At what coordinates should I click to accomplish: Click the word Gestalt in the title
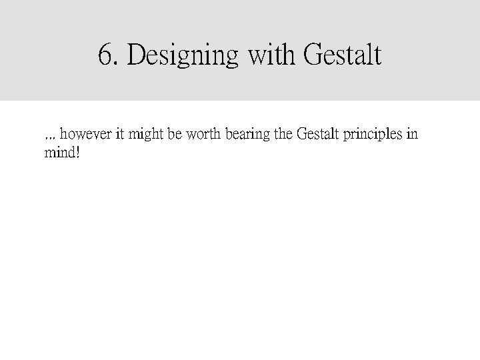(x=342, y=55)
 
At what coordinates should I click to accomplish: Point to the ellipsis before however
(x=48, y=137)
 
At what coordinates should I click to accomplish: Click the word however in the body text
(x=86, y=135)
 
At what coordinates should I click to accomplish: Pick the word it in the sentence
(x=120, y=135)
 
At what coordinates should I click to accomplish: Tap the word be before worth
(x=173, y=135)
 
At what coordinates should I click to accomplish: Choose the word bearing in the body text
(x=248, y=135)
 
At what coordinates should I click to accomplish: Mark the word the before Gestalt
(x=283, y=135)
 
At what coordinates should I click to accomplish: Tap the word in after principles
(x=413, y=135)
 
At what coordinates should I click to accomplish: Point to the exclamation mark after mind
(x=78, y=153)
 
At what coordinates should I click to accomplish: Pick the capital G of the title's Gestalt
(x=313, y=55)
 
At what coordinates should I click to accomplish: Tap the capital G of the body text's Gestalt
(x=301, y=135)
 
